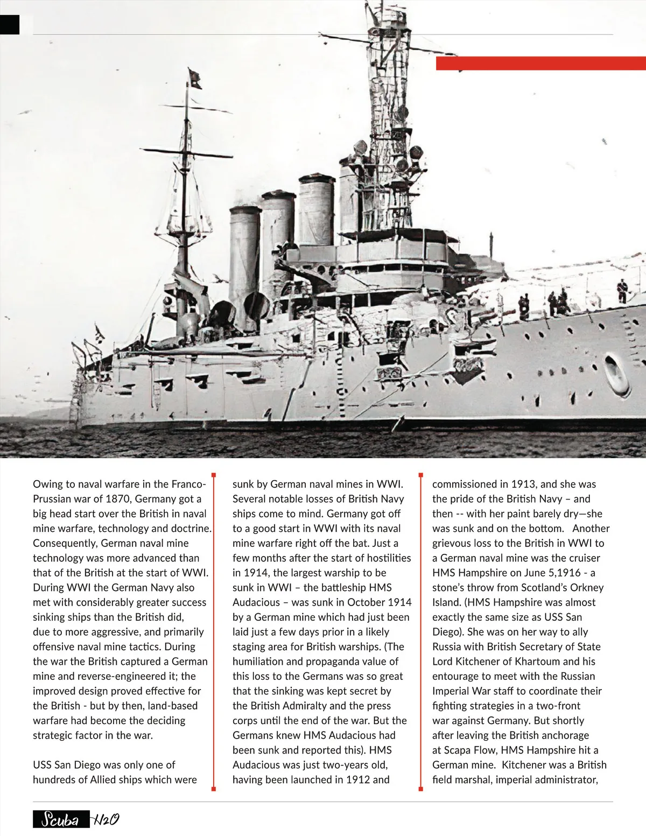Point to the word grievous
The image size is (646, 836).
point(452,543)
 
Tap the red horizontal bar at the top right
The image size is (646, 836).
point(540,64)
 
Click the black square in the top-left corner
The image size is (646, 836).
point(10,25)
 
